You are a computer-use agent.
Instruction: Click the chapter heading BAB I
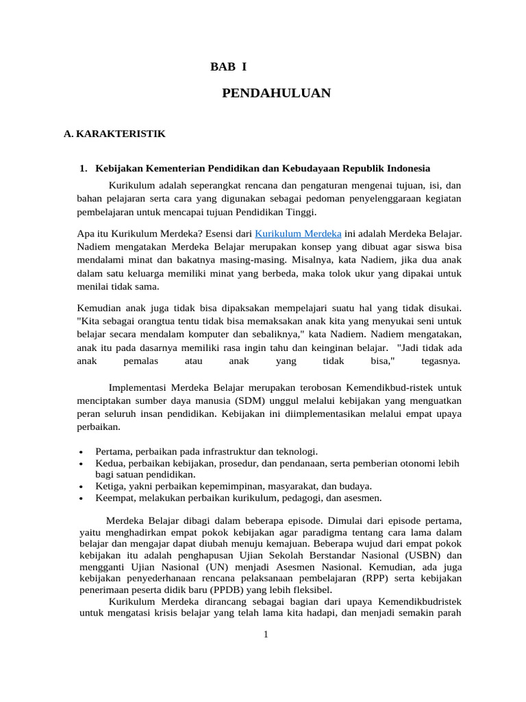coord(228,67)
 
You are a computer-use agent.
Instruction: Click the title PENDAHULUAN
coord(276,93)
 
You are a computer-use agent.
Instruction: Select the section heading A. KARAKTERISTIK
coord(114,134)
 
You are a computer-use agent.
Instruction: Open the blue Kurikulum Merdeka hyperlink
coord(298,234)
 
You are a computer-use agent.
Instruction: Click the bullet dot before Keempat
coord(82,498)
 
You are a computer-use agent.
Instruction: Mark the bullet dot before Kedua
coord(82,464)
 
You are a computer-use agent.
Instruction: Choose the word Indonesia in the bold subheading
coord(408,168)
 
